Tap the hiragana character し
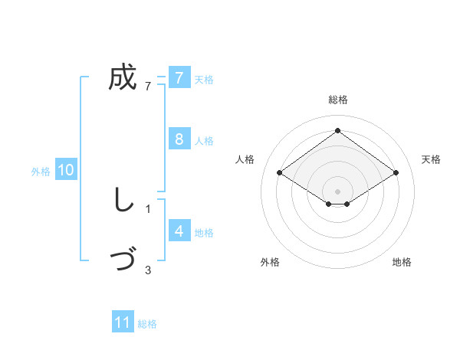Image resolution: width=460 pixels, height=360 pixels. click(x=122, y=201)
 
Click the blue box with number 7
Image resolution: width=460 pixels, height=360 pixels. click(x=179, y=77)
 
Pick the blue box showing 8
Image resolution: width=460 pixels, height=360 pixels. click(x=179, y=139)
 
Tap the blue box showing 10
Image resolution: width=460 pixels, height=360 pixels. click(x=66, y=170)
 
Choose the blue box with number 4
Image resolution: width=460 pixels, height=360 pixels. click(x=179, y=231)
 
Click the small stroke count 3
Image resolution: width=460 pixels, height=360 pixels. click(x=148, y=270)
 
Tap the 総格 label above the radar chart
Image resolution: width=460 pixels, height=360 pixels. click(x=338, y=100)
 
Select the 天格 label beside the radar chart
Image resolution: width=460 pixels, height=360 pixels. click(x=432, y=159)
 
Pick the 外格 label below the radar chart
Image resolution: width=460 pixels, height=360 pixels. click(x=270, y=262)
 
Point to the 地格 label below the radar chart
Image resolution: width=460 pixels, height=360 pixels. click(x=402, y=262)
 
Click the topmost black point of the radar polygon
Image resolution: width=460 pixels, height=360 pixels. click(x=337, y=131)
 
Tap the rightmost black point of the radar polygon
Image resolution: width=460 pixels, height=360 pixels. click(x=396, y=173)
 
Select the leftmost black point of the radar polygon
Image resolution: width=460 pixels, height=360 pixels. click(x=280, y=173)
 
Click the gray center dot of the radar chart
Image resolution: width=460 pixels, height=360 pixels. click(x=337, y=191)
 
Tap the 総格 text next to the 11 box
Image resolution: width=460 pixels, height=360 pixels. click(x=147, y=324)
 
